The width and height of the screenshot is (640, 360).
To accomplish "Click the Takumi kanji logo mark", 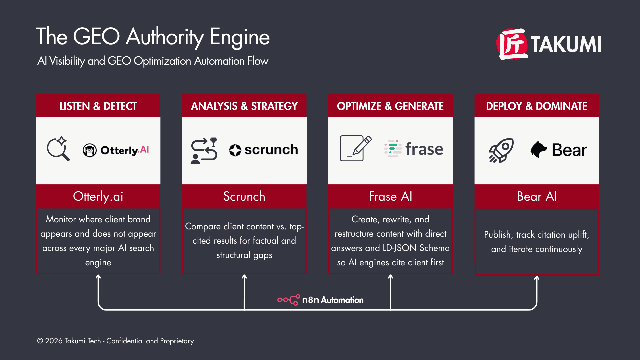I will [512, 44].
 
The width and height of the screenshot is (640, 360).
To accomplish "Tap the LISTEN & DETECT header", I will [98, 106].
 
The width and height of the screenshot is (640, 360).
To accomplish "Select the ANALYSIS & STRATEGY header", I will [244, 106].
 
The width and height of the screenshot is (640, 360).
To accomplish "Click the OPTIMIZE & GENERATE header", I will [390, 106].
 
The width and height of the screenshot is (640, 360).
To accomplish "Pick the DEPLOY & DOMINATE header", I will [536, 106].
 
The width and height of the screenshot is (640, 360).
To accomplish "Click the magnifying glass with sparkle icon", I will [59, 149].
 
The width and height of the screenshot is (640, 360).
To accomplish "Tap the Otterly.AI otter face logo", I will [89, 150].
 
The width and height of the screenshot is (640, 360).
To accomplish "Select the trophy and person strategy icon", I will [204, 151].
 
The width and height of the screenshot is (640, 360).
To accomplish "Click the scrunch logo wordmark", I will [271, 150].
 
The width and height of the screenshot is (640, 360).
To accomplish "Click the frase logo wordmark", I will [424, 149].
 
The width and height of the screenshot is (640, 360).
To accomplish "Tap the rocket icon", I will [501, 150].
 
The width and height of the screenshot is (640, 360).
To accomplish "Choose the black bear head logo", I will [538, 149].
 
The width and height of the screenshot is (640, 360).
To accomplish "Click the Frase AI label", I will [390, 196].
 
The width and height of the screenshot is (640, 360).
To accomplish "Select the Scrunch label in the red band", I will [244, 196].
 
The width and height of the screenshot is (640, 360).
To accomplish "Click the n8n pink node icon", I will [289, 300].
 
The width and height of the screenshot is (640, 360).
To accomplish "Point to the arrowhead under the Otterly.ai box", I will [98, 277].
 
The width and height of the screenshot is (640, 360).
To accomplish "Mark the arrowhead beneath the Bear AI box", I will [537, 278].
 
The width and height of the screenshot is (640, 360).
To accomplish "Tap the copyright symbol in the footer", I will [40, 341].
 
